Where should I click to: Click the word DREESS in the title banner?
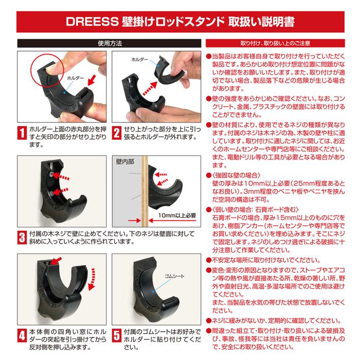[x=92, y=22]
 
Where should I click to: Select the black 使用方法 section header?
[x=109, y=43]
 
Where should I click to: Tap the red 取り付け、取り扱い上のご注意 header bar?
[x=275, y=43]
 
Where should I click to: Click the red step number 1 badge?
[x=22, y=133]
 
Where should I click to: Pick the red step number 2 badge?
[x=117, y=133]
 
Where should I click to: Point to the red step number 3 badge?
[x=22, y=238]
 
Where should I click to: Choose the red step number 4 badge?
[x=22, y=335]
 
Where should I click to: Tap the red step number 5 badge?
[x=117, y=335]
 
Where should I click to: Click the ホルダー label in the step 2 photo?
[x=139, y=60]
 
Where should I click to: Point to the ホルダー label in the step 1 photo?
[x=75, y=78]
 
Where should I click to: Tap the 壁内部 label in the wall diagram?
[x=125, y=162]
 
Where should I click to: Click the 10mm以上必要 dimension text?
[x=177, y=215]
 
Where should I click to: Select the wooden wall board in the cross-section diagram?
[x=145, y=191]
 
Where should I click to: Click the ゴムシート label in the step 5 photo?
[x=174, y=276]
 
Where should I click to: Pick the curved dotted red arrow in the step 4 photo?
[x=92, y=279]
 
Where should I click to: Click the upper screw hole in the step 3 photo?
[x=51, y=175]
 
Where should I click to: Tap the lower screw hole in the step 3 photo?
[x=51, y=193]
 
